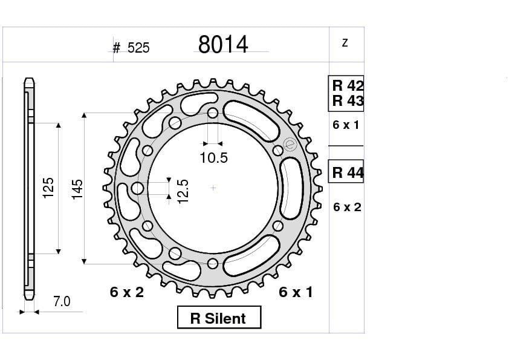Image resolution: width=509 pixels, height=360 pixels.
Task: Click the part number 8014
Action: point(223,45)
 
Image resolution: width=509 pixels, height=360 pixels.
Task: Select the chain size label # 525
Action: point(131,48)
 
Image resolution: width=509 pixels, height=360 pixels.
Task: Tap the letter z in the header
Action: point(345,43)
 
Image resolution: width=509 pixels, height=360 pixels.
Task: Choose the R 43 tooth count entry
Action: point(347,101)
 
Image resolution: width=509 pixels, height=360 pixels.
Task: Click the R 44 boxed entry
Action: point(347,173)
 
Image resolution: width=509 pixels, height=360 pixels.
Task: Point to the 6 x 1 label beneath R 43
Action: point(346,125)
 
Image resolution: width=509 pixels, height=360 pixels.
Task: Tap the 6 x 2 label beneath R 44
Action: point(347,207)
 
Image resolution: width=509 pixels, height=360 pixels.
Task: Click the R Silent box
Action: point(219,318)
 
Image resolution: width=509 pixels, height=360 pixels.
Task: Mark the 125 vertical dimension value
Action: point(48,188)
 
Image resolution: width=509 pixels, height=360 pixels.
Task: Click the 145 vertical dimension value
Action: point(77,189)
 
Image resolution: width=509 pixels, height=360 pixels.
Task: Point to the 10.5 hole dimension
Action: point(213,159)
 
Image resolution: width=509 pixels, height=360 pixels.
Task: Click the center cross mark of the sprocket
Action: point(213,188)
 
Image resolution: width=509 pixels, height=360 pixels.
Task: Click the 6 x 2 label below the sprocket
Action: point(127,292)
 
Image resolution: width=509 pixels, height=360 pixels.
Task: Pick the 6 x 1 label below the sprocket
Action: point(296,292)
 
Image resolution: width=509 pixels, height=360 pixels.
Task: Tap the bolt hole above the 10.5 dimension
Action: point(212,113)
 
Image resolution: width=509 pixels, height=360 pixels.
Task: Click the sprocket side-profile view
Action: point(28,188)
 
